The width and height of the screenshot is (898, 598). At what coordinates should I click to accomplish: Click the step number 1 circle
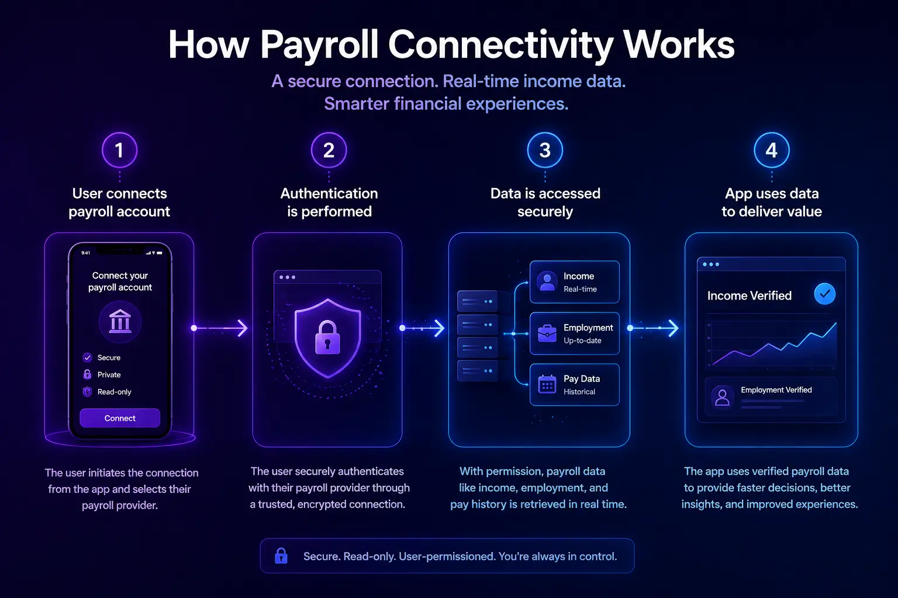pos(119,150)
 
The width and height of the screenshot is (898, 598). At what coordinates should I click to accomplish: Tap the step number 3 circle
pos(545,150)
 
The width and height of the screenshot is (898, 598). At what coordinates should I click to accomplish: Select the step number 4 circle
pos(772,150)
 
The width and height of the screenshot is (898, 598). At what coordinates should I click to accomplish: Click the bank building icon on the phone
pos(120,322)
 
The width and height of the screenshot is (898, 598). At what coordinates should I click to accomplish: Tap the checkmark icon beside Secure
pos(88,357)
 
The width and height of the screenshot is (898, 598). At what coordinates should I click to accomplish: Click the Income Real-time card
pos(574,282)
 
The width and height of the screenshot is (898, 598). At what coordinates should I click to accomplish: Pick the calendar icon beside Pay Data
pos(547,384)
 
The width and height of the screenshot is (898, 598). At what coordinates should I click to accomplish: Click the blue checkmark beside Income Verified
pos(824,294)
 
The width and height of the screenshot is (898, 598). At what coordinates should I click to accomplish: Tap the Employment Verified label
pos(776,390)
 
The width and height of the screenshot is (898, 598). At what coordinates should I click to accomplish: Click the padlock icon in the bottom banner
pos(281,555)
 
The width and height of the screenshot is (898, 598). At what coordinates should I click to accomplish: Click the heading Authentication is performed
pos(329,202)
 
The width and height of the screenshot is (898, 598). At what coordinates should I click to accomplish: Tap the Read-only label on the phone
pos(114,392)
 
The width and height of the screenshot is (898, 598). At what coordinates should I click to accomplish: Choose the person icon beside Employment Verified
pos(723,397)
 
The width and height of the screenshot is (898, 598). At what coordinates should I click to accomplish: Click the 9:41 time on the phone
pos(86,253)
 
